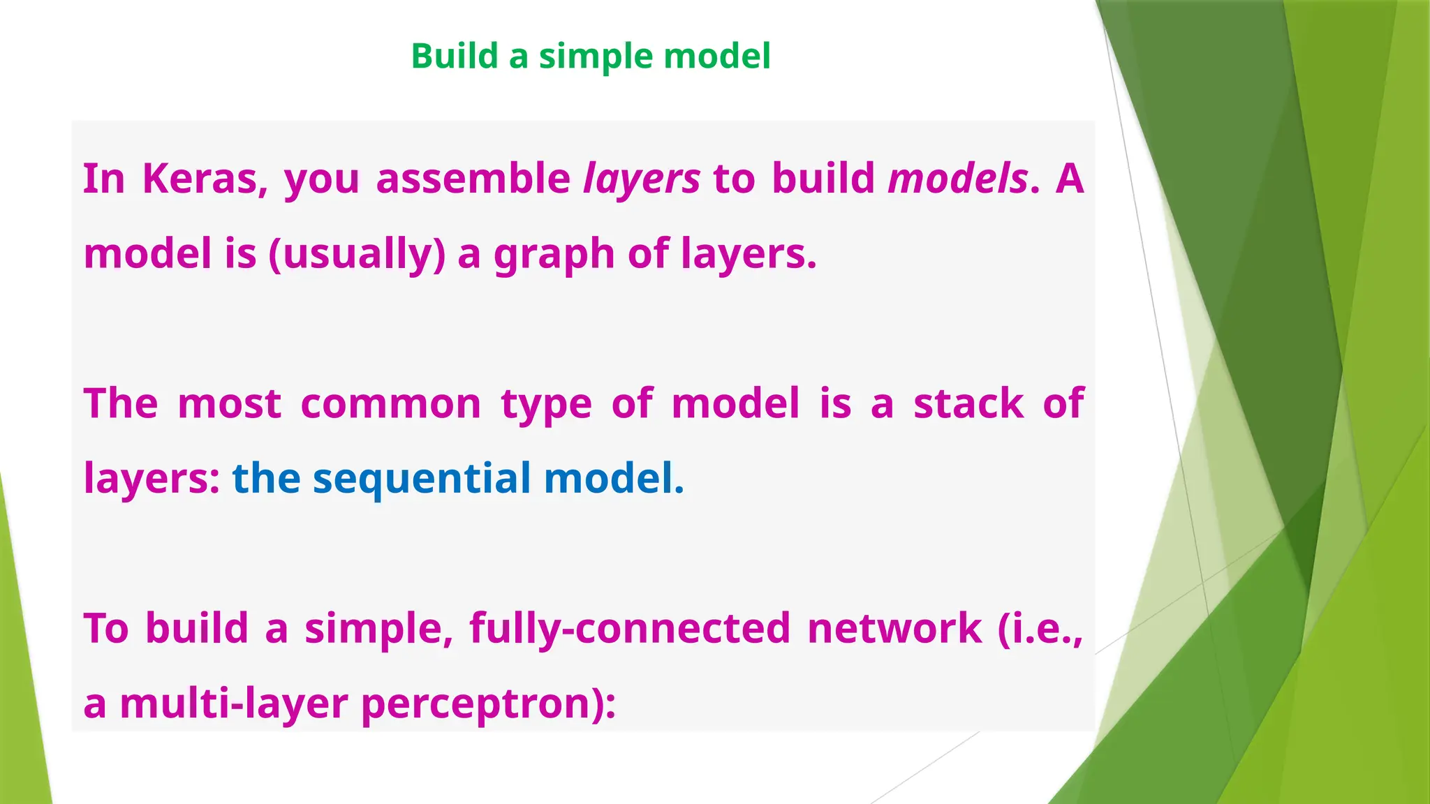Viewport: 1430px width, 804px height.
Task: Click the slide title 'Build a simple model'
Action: (591, 57)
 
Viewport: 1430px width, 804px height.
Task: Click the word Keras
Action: (205, 179)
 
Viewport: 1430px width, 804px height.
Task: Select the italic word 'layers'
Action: (641, 179)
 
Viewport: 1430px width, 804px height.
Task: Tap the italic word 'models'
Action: (957, 179)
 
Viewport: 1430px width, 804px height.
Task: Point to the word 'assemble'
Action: (473, 179)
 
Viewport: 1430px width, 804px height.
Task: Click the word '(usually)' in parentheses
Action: (357, 254)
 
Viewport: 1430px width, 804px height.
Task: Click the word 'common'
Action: (390, 404)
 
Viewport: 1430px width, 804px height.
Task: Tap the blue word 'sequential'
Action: (422, 479)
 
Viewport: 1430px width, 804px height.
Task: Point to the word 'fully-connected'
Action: (630, 628)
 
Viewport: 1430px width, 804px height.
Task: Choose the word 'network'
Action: (894, 628)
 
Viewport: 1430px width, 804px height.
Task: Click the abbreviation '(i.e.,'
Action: (1040, 628)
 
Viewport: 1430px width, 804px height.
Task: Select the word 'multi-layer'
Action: (233, 703)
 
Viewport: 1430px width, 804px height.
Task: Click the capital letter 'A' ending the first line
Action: (1069, 179)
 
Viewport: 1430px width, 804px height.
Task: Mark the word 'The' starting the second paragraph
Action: (121, 404)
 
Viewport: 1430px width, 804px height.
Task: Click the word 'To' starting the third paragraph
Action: (106, 628)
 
